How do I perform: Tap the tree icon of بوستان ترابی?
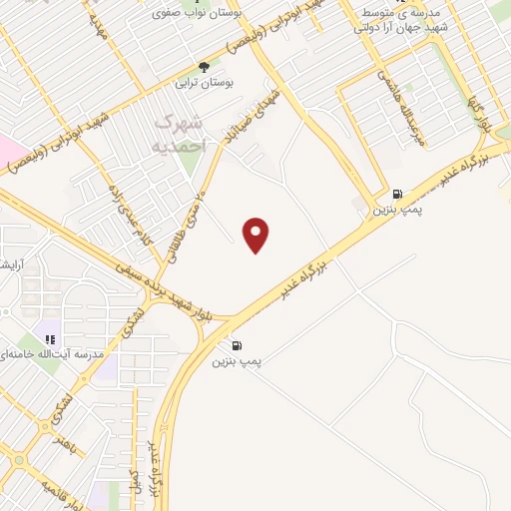(205, 67)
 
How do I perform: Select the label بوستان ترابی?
(203, 85)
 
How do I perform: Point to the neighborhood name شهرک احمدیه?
(183, 132)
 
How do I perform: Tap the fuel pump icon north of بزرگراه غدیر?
(398, 194)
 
